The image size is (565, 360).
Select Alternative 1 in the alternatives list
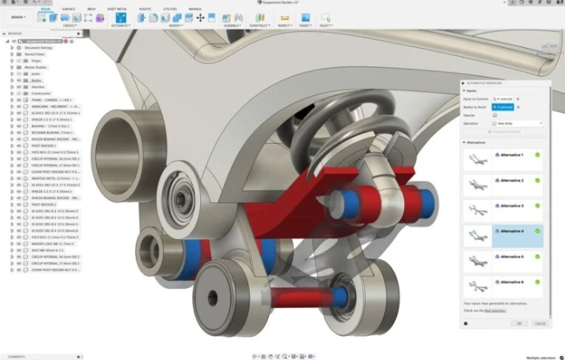click(511, 155)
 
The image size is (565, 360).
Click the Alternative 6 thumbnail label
click(511, 282)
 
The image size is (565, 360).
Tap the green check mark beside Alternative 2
click(538, 181)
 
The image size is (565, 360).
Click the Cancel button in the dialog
click(539, 323)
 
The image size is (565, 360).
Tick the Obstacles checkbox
click(495, 114)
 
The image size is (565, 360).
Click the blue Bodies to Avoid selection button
click(503, 106)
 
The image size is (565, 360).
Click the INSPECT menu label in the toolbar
click(283, 25)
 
